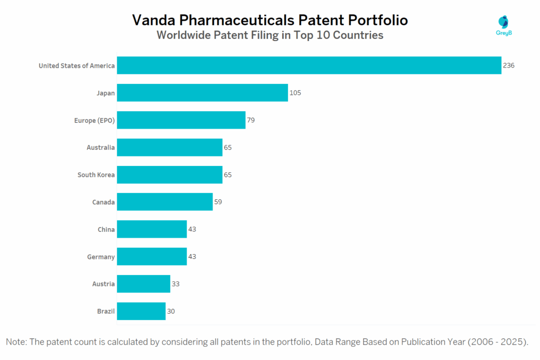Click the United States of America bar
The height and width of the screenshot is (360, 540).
(308, 65)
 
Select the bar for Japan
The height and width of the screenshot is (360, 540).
(202, 93)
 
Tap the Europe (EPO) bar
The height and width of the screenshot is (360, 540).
(181, 120)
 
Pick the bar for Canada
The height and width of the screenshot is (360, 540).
(165, 202)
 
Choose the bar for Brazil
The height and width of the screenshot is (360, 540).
(141, 311)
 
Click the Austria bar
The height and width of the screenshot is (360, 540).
(143, 284)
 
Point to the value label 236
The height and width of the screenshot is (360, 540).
(508, 65)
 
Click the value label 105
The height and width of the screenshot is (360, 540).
(295, 93)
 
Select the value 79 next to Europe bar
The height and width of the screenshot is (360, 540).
(251, 120)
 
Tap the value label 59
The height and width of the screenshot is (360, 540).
(218, 202)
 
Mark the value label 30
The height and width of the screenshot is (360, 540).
(171, 311)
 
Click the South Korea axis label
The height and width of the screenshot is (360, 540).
(96, 174)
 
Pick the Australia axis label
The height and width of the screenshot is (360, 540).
(101, 148)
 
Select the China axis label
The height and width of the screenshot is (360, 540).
(106, 229)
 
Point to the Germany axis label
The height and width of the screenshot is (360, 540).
(101, 257)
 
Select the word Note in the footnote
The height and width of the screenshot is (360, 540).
(16, 342)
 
